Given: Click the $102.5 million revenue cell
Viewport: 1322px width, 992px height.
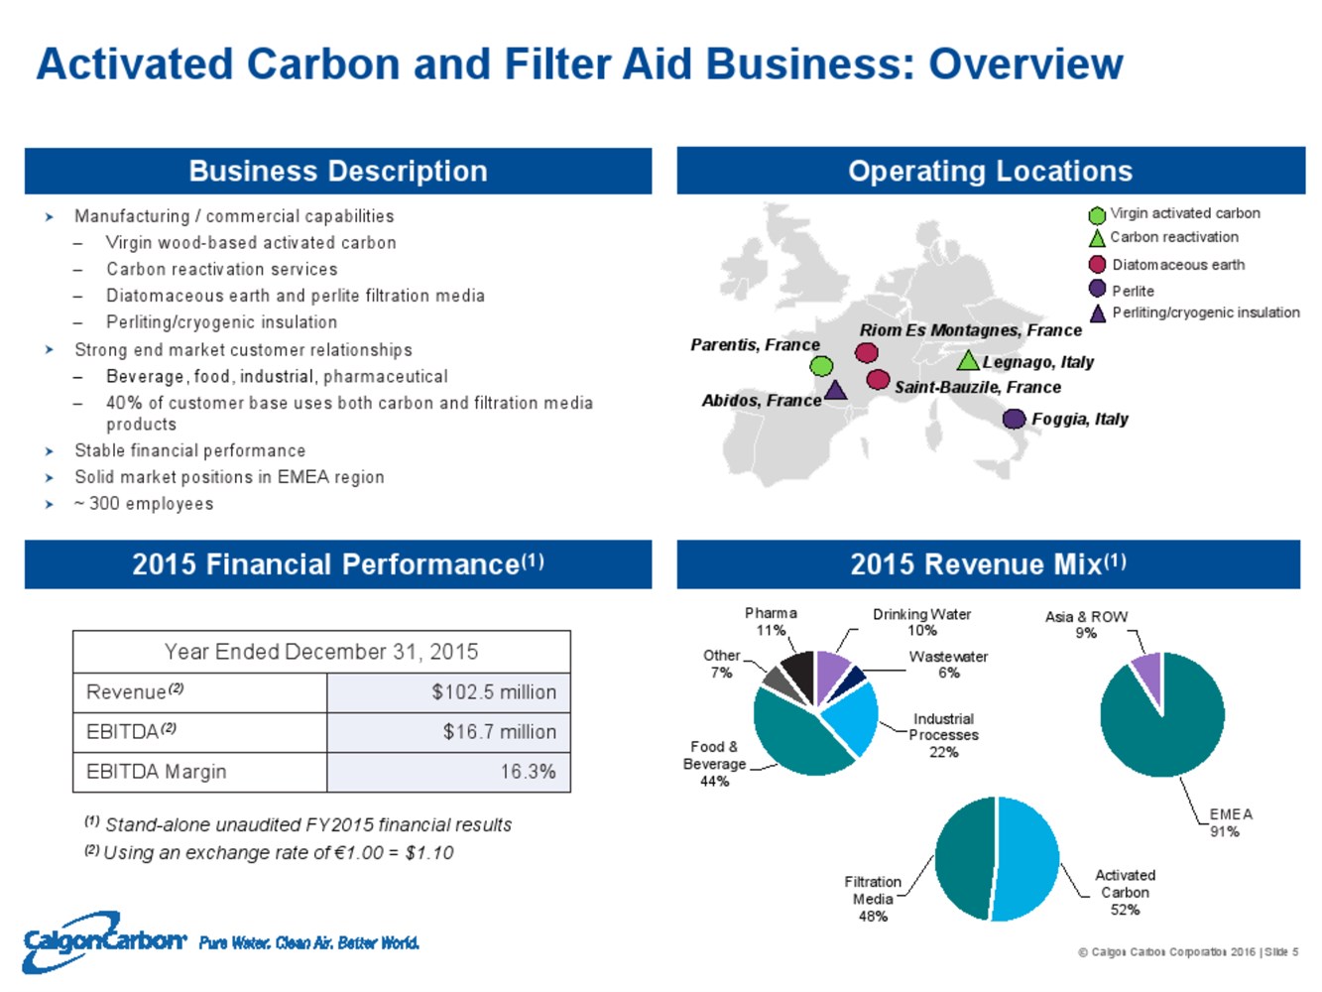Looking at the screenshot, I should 493,692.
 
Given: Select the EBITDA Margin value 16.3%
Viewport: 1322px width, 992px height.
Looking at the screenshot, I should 527,772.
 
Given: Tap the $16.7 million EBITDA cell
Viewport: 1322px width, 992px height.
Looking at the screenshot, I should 499,732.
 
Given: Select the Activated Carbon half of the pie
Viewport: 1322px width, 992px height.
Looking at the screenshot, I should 1027,859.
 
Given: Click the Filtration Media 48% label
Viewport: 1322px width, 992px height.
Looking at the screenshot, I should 873,899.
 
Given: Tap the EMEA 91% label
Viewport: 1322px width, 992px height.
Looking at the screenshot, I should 1230,822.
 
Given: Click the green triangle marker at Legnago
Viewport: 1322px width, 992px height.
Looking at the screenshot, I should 968,360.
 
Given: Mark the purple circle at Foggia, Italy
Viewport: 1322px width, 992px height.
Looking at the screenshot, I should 1014,419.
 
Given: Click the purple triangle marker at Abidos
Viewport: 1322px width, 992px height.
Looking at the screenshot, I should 836,390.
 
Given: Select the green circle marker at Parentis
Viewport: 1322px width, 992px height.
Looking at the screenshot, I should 821,365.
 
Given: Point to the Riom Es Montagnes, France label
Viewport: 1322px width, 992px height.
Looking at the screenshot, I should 970,330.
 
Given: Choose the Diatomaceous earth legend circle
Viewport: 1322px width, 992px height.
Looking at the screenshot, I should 1097,264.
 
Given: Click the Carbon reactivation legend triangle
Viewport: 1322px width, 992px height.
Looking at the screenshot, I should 1097,238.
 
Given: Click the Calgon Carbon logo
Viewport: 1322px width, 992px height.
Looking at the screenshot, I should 104,939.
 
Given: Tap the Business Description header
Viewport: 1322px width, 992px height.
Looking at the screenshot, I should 338,171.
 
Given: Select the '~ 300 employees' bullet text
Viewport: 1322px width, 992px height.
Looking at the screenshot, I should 144,504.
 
